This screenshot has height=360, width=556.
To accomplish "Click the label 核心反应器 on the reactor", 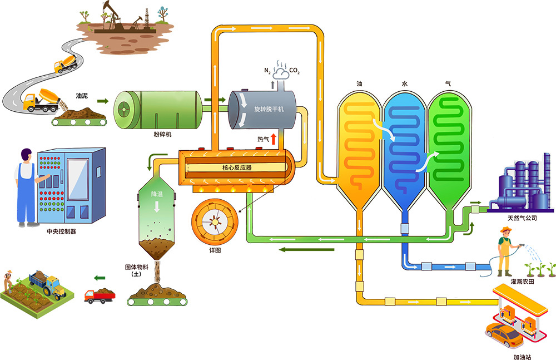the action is coord(237,167).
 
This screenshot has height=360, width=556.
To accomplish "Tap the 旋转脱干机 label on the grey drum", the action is coord(269,109).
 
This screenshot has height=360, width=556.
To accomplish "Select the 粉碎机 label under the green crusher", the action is coord(162,134).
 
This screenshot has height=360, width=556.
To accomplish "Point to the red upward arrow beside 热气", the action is coord(274,139).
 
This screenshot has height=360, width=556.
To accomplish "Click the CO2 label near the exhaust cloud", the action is coord(295,71).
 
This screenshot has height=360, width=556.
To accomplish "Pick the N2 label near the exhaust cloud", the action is coord(267,71).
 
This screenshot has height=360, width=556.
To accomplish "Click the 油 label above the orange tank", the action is coord(359,84).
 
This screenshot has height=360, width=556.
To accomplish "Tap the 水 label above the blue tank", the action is coord(405,84).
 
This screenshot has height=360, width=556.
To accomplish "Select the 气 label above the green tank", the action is coord(448,84).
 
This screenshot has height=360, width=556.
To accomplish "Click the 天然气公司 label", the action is coord(522,218).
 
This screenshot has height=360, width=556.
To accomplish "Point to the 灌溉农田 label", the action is coord(522,281).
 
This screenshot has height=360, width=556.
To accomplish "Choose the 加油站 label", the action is coord(522,357).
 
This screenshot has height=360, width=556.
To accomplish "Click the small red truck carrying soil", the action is coord(100,295).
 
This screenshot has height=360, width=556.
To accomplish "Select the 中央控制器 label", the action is coord(61,231).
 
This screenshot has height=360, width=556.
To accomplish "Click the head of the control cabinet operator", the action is coord(26,155).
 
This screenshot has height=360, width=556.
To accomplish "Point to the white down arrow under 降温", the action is coord(157,206).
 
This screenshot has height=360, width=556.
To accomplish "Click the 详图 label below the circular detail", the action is coord(215,250).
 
